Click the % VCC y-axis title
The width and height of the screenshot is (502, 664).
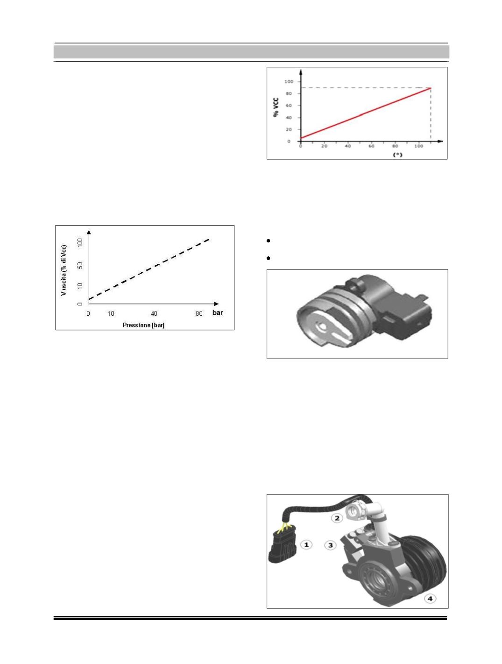tap(276, 107)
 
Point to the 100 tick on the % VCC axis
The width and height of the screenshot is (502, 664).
tap(289, 81)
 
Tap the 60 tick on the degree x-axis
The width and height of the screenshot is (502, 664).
tap(371, 146)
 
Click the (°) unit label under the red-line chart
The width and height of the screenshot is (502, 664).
tap(397, 155)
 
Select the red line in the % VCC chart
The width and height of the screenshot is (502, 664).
tap(366, 113)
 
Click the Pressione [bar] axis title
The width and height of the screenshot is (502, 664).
tap(144, 325)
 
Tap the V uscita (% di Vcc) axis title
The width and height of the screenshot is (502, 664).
tap(64, 270)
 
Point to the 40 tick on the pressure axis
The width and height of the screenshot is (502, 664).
tap(154, 313)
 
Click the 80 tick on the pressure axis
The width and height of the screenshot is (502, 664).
tap(198, 313)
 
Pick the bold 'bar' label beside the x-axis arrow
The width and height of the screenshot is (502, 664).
tap(218, 313)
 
